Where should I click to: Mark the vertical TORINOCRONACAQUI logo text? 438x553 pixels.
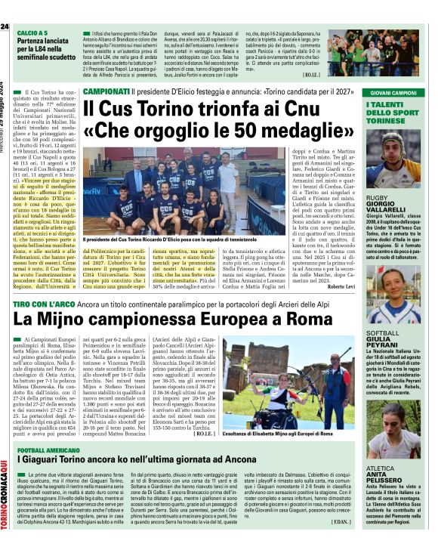tap(5, 483)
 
